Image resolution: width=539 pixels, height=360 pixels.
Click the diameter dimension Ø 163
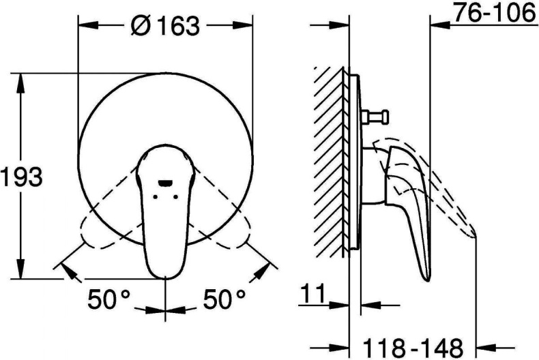point(165,25)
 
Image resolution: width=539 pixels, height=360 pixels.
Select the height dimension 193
point(21,177)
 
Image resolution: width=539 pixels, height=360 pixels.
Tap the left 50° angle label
point(109,299)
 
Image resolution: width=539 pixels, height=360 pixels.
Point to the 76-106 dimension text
point(495,13)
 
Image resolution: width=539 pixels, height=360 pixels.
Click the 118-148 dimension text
point(413,348)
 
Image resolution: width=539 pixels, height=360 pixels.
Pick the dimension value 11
point(312,294)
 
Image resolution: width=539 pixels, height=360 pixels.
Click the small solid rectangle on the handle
point(165,184)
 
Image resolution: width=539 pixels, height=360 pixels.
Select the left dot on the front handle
point(155,197)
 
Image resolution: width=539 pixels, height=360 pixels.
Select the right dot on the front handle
point(176,197)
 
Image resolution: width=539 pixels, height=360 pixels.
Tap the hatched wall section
point(328,162)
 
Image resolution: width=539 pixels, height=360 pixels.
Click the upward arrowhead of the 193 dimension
point(21,83)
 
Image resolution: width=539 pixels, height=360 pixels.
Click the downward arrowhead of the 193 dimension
point(21,269)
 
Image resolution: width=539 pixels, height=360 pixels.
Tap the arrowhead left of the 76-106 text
point(440,24)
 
